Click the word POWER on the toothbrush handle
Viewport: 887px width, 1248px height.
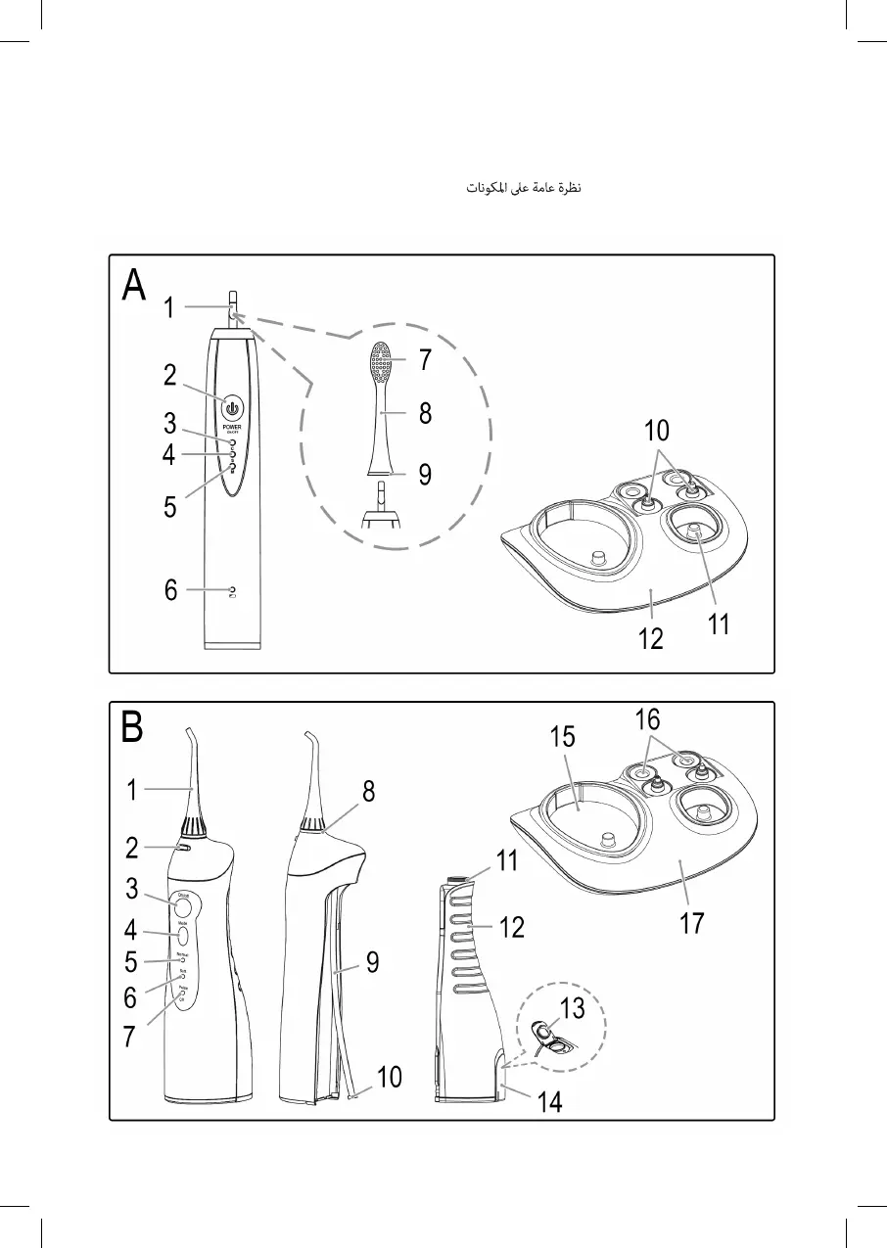tap(232, 427)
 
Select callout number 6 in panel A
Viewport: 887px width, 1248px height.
tap(171, 590)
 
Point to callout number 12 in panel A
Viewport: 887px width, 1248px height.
tap(650, 639)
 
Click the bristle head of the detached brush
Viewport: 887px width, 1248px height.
tap(380, 363)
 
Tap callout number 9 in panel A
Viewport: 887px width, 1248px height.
tap(425, 475)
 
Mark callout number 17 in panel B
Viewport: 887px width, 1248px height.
tap(692, 922)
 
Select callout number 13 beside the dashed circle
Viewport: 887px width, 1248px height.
tap(572, 1007)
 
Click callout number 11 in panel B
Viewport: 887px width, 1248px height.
tap(506, 862)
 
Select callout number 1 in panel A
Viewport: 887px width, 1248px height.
tap(169, 308)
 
